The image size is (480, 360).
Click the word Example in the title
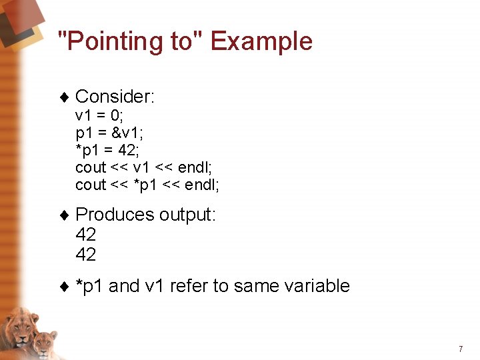pyautogui.click(x=261, y=41)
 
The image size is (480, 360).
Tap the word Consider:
pyautogui.click(x=115, y=97)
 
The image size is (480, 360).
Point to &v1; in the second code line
pyautogui.click(x=137, y=133)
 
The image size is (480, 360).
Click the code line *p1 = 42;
pyautogui.click(x=107, y=150)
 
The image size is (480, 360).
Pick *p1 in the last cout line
pyautogui.click(x=146, y=185)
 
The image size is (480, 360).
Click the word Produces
pyautogui.click(x=115, y=215)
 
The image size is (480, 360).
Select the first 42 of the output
pyautogui.click(x=86, y=235)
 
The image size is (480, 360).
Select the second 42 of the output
pyautogui.click(x=86, y=255)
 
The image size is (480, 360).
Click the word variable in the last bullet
pyautogui.click(x=317, y=286)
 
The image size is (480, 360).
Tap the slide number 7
pyautogui.click(x=460, y=349)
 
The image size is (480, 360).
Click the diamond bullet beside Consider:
pyautogui.click(x=65, y=98)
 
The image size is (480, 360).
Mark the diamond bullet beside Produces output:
pyautogui.click(x=65, y=215)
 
